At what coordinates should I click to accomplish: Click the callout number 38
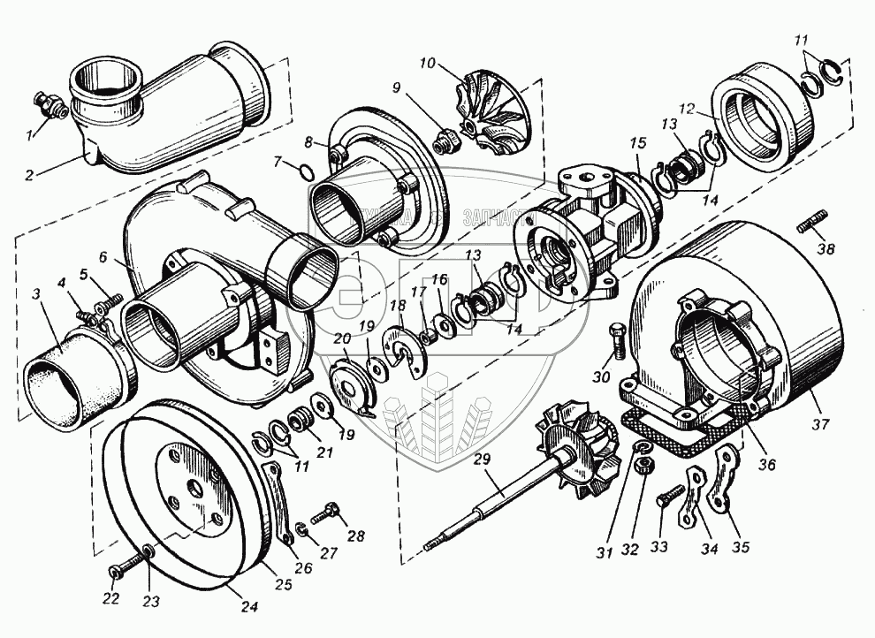tap(826, 250)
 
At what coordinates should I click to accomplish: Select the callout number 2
tap(28, 176)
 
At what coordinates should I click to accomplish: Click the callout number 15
tap(639, 142)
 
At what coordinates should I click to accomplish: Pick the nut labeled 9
tap(445, 139)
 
